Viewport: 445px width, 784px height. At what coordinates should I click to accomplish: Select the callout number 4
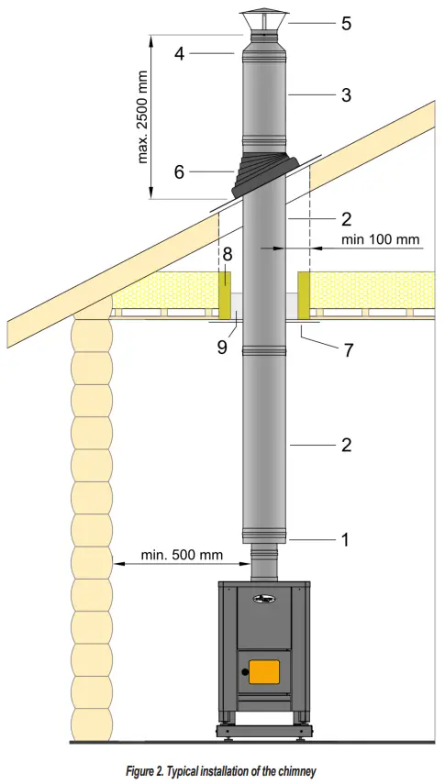click(180, 54)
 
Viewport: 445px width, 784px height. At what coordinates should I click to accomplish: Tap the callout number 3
click(346, 94)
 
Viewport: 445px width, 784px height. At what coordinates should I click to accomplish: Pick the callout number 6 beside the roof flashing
click(180, 171)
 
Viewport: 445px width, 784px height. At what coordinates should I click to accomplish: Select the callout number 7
click(350, 351)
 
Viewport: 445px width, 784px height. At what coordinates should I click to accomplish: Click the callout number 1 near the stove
click(345, 540)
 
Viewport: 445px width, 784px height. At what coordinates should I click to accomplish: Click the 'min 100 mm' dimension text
click(381, 239)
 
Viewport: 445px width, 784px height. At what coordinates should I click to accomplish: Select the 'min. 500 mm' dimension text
click(182, 555)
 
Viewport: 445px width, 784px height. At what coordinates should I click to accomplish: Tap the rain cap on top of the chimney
click(264, 21)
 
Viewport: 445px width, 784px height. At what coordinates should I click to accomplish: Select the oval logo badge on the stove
click(264, 599)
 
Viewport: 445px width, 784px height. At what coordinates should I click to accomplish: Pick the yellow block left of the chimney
click(225, 293)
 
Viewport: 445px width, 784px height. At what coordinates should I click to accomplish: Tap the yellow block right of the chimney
click(305, 293)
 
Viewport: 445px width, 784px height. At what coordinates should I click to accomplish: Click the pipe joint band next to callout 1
click(264, 536)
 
